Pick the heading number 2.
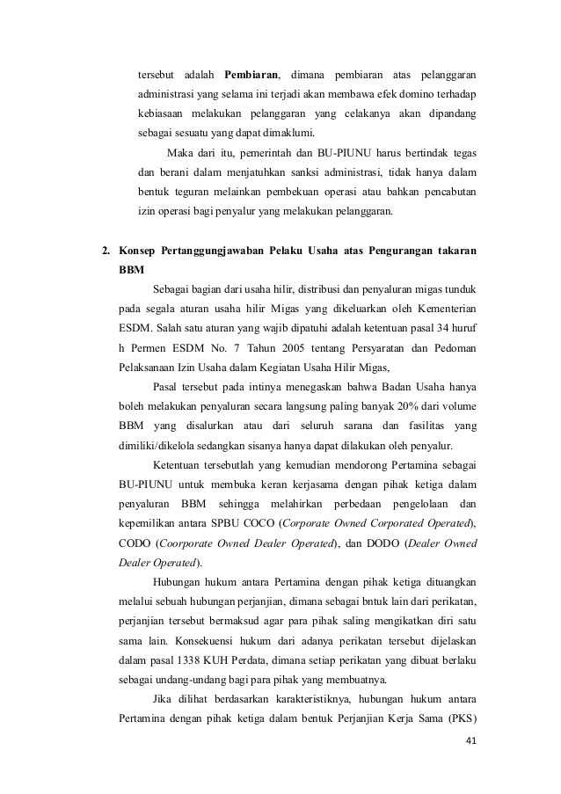coord(106,251)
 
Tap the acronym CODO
coord(135,543)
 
